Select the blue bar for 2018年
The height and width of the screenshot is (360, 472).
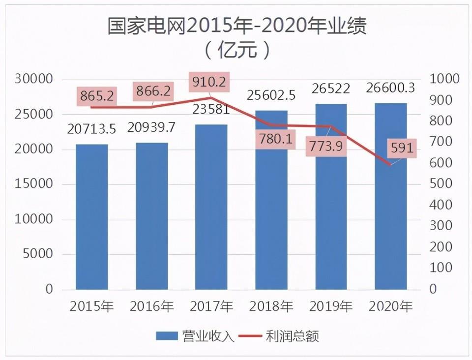(x=271, y=216)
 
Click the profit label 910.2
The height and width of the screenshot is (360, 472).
(x=209, y=82)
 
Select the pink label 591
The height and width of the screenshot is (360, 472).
(x=402, y=148)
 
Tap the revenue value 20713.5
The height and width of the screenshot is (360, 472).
(x=92, y=129)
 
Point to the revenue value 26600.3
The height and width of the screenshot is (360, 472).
(x=391, y=88)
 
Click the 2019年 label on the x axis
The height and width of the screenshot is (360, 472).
(x=331, y=306)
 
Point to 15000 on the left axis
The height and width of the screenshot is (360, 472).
(x=35, y=184)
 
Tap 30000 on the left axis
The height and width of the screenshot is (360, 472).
(x=35, y=79)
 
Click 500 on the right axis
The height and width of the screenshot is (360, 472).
(x=440, y=184)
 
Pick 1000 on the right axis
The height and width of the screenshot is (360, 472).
(x=444, y=79)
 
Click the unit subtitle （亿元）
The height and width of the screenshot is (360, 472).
(x=236, y=50)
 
